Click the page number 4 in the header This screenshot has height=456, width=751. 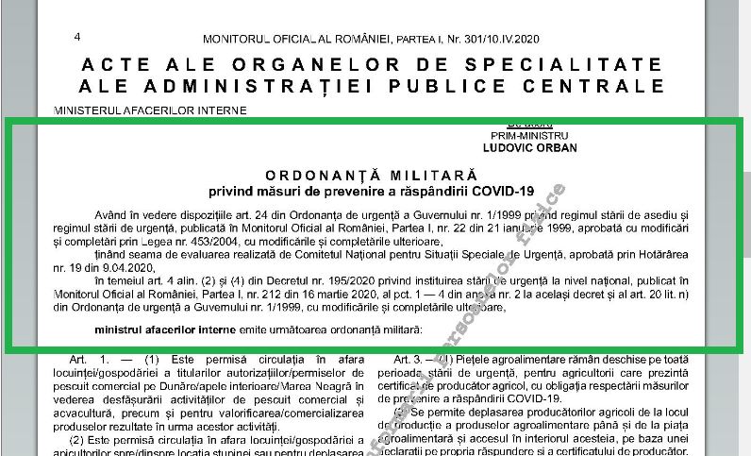coord(76,37)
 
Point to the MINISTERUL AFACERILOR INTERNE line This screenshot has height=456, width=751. coord(151,110)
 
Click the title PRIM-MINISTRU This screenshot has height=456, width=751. coord(542,136)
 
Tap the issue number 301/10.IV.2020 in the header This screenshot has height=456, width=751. coord(504,39)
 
